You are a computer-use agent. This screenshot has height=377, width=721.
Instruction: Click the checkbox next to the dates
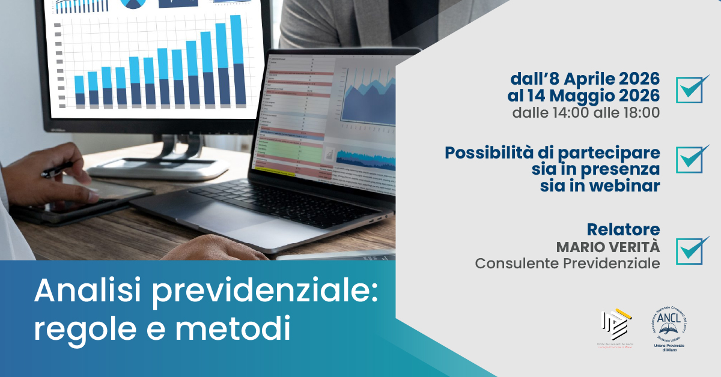tap(692, 89)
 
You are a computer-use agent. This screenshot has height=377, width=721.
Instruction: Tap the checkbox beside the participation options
tap(692, 159)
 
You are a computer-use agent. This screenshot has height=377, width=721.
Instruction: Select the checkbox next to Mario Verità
tap(692, 250)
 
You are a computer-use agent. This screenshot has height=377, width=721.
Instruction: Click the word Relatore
tap(623, 229)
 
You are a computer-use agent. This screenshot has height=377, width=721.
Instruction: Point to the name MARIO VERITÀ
tap(607, 247)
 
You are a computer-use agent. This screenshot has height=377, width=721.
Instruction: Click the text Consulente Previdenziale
tap(567, 264)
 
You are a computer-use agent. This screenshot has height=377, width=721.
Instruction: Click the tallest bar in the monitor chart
tap(236, 60)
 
